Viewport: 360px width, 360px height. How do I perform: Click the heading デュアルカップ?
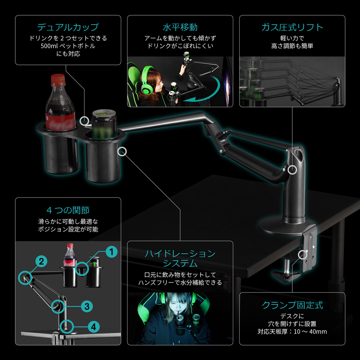click(68, 27)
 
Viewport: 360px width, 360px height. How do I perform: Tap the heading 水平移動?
click(180, 27)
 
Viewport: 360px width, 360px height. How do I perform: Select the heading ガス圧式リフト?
click(292, 27)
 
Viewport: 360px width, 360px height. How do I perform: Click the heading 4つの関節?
click(68, 210)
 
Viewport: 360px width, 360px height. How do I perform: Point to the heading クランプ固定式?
click(292, 305)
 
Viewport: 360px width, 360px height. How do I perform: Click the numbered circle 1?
click(112, 252)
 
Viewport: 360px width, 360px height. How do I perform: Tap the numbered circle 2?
click(41, 261)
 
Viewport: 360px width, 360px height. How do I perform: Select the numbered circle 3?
click(87, 306)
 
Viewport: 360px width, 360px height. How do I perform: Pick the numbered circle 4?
click(94, 327)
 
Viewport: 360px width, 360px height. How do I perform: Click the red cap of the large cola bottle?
click(58, 80)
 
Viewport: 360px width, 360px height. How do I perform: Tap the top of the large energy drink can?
click(104, 113)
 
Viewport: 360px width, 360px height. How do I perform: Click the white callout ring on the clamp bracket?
click(303, 255)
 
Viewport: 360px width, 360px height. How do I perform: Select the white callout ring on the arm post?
click(292, 170)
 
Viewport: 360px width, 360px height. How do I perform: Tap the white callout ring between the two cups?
click(84, 121)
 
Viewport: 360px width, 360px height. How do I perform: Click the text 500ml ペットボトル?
click(68, 46)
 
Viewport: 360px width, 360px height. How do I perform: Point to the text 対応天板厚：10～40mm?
click(292, 332)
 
